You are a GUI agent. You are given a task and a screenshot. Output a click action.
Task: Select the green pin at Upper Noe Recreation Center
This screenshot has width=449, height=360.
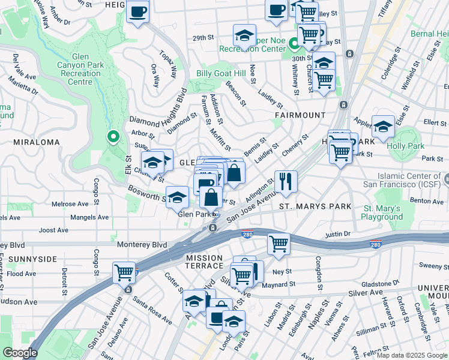294,43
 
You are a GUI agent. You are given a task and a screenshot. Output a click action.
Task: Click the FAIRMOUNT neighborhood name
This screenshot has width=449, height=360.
300,115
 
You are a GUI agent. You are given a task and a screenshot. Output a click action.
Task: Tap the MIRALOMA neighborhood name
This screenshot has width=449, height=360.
35,142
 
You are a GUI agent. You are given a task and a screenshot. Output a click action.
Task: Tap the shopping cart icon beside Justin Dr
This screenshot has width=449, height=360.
279,243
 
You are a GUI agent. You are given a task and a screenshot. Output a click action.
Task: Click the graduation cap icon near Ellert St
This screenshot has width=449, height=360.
383,126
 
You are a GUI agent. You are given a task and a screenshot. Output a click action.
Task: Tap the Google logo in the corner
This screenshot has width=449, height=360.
20,353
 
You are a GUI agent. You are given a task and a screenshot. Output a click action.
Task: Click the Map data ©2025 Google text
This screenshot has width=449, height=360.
411,355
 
